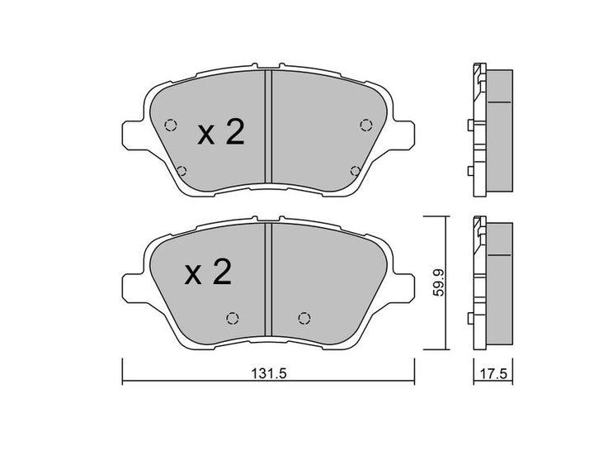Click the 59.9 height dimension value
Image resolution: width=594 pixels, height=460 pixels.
click(x=441, y=282)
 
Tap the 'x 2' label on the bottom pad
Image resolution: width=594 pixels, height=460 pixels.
click(x=207, y=273)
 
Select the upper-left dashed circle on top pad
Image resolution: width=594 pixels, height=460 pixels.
click(x=171, y=126)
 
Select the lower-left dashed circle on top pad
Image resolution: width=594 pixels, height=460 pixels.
click(x=181, y=171)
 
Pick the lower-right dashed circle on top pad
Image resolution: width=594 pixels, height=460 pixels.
click(x=356, y=171)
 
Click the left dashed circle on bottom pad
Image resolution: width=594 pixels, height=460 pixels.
click(x=232, y=319)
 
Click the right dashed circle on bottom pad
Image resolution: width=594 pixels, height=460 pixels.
click(x=304, y=319)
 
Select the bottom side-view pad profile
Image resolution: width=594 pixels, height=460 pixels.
click(x=492, y=283)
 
